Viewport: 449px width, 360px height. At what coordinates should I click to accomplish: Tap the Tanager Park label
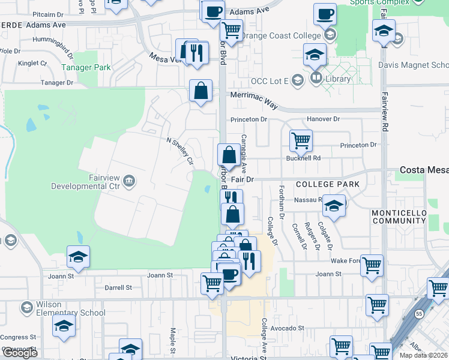click(85, 68)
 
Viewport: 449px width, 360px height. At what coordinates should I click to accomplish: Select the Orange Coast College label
click(281, 36)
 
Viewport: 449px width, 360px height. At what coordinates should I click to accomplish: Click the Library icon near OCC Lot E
click(316, 79)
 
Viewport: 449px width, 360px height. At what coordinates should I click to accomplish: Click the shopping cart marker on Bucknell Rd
click(301, 141)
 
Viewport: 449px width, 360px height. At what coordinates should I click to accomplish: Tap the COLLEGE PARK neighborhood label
click(327, 184)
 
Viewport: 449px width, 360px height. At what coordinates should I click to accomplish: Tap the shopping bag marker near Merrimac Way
click(201, 91)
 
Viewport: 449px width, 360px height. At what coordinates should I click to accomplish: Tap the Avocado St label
click(287, 328)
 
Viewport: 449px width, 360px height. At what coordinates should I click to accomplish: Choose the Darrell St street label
click(118, 288)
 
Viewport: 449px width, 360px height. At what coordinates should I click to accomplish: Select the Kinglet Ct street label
click(32, 63)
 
